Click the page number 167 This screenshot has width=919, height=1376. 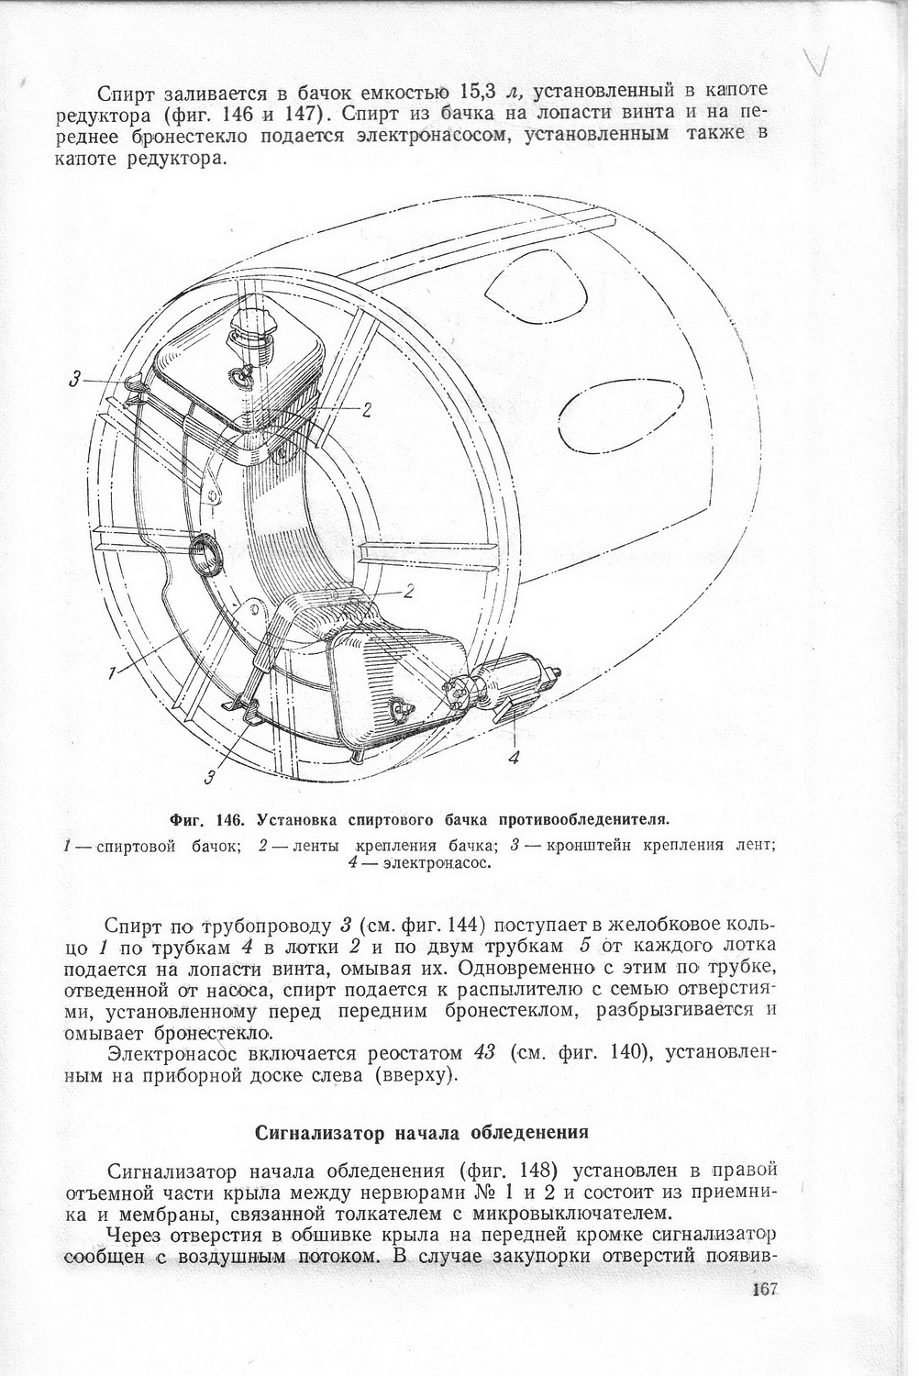(x=762, y=1289)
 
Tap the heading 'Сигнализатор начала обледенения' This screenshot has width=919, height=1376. (x=419, y=1131)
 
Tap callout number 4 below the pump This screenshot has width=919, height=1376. (x=514, y=757)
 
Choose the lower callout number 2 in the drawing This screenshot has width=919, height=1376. (x=409, y=592)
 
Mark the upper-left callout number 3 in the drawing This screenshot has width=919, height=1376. (x=75, y=378)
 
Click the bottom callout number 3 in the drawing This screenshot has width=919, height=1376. (x=211, y=778)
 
